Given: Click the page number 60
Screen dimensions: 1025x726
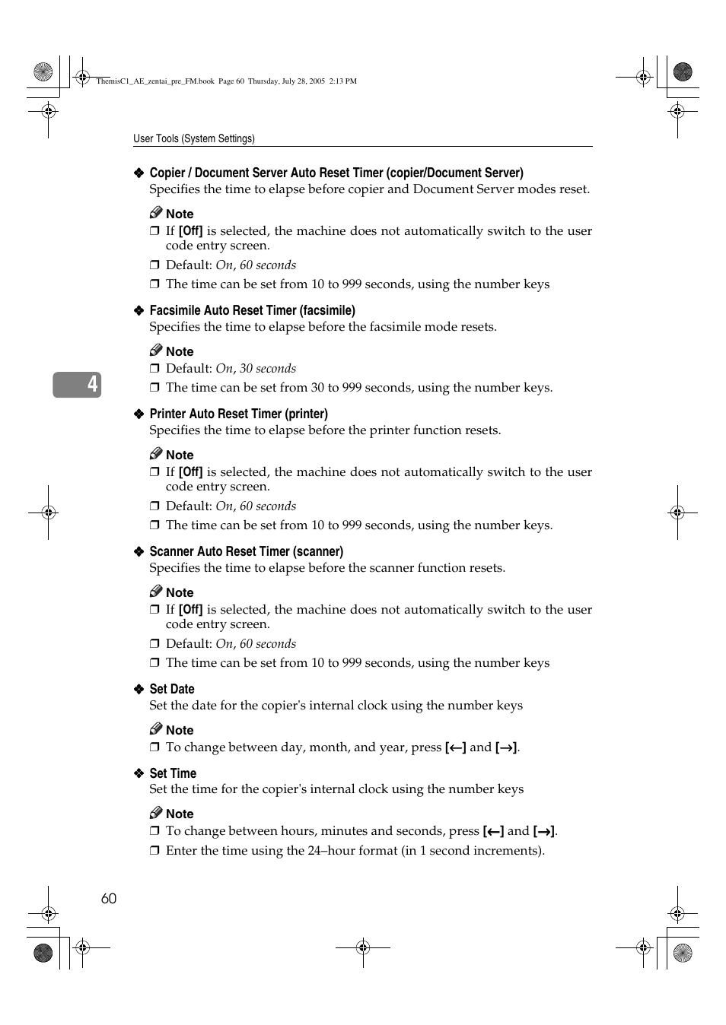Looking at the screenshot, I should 109,898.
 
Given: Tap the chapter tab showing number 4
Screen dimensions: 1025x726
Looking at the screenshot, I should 77,385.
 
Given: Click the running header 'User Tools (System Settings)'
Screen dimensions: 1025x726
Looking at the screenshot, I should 194,138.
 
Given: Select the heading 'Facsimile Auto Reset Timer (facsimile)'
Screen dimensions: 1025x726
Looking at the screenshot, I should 252,310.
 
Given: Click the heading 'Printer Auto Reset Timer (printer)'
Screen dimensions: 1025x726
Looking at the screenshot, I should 238,414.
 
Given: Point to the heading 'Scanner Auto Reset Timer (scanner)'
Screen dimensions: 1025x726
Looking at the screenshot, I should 246,551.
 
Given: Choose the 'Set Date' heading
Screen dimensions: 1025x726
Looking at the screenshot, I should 172,689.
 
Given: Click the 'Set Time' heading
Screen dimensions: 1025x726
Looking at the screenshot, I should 173,773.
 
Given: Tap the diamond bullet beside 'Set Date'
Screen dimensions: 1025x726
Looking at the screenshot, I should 139,689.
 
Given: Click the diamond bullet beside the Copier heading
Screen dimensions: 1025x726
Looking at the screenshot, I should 139,173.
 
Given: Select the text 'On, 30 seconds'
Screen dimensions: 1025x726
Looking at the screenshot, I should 256,369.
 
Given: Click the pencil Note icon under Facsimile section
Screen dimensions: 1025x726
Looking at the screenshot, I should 156,350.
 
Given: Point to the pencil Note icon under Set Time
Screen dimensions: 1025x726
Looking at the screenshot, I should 156,812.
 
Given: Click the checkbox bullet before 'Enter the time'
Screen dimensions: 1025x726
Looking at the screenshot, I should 154,850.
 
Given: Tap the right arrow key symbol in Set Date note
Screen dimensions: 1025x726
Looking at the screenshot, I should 506,747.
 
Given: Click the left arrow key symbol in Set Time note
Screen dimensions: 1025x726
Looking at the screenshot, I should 493,831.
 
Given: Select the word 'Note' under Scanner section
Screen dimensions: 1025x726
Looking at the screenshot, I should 180,592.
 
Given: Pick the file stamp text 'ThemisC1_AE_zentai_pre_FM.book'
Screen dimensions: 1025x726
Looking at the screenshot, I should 155,81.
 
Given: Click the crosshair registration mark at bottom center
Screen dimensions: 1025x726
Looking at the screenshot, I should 363,947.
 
